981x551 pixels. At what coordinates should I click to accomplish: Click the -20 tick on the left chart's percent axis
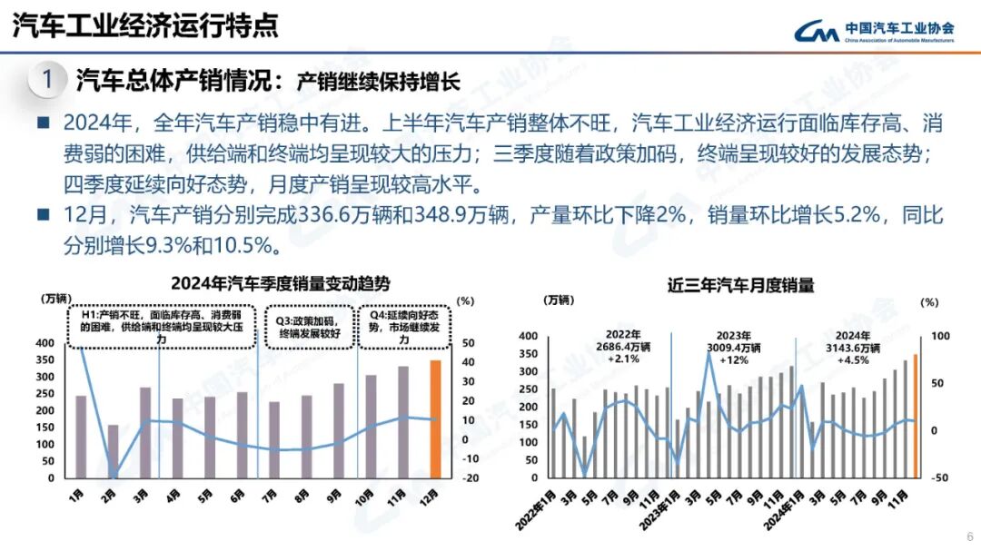tap(470, 477)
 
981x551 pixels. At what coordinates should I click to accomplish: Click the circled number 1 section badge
tap(45, 80)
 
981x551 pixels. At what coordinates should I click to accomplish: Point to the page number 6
tap(968, 536)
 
